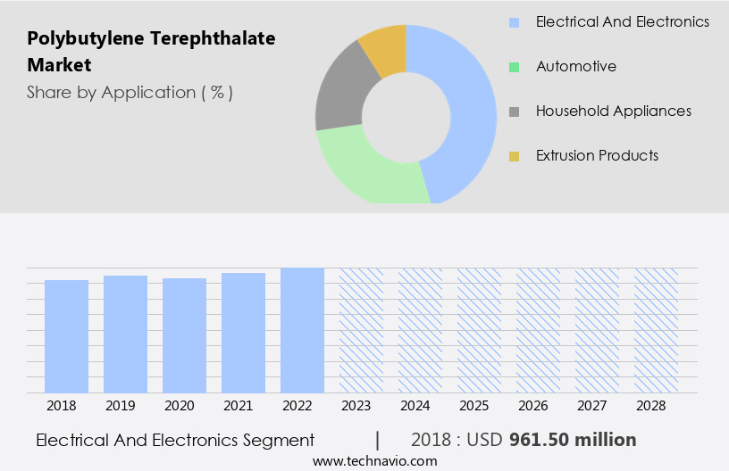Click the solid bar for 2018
(66, 336)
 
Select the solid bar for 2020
(184, 335)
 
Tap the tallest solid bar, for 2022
(302, 330)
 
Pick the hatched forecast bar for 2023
(361, 330)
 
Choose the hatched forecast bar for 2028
(656, 330)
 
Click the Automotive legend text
(575, 66)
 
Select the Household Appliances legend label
(613, 111)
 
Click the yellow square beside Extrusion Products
(514, 156)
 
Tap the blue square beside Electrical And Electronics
(514, 21)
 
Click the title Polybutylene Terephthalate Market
(151, 52)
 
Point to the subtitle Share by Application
(130, 92)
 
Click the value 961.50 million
(572, 440)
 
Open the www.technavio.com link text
(374, 461)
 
